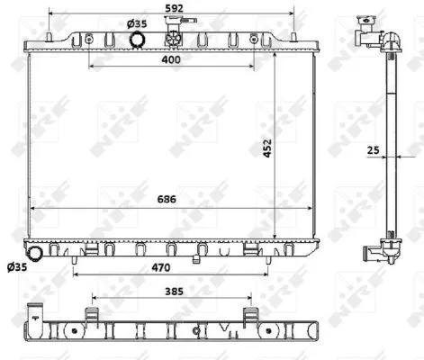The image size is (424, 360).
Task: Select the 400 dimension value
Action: [170, 59]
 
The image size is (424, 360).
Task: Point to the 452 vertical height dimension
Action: [267, 148]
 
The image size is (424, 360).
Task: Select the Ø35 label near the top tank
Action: [137, 24]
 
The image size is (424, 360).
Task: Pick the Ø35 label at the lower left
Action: [16, 267]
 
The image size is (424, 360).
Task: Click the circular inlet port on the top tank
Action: [138, 40]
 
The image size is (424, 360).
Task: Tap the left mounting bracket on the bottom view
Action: [92, 315]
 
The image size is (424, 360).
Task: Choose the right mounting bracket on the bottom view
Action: [249, 315]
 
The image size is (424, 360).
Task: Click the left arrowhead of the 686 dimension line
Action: [35, 207]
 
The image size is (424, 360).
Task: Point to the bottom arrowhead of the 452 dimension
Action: [275, 236]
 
